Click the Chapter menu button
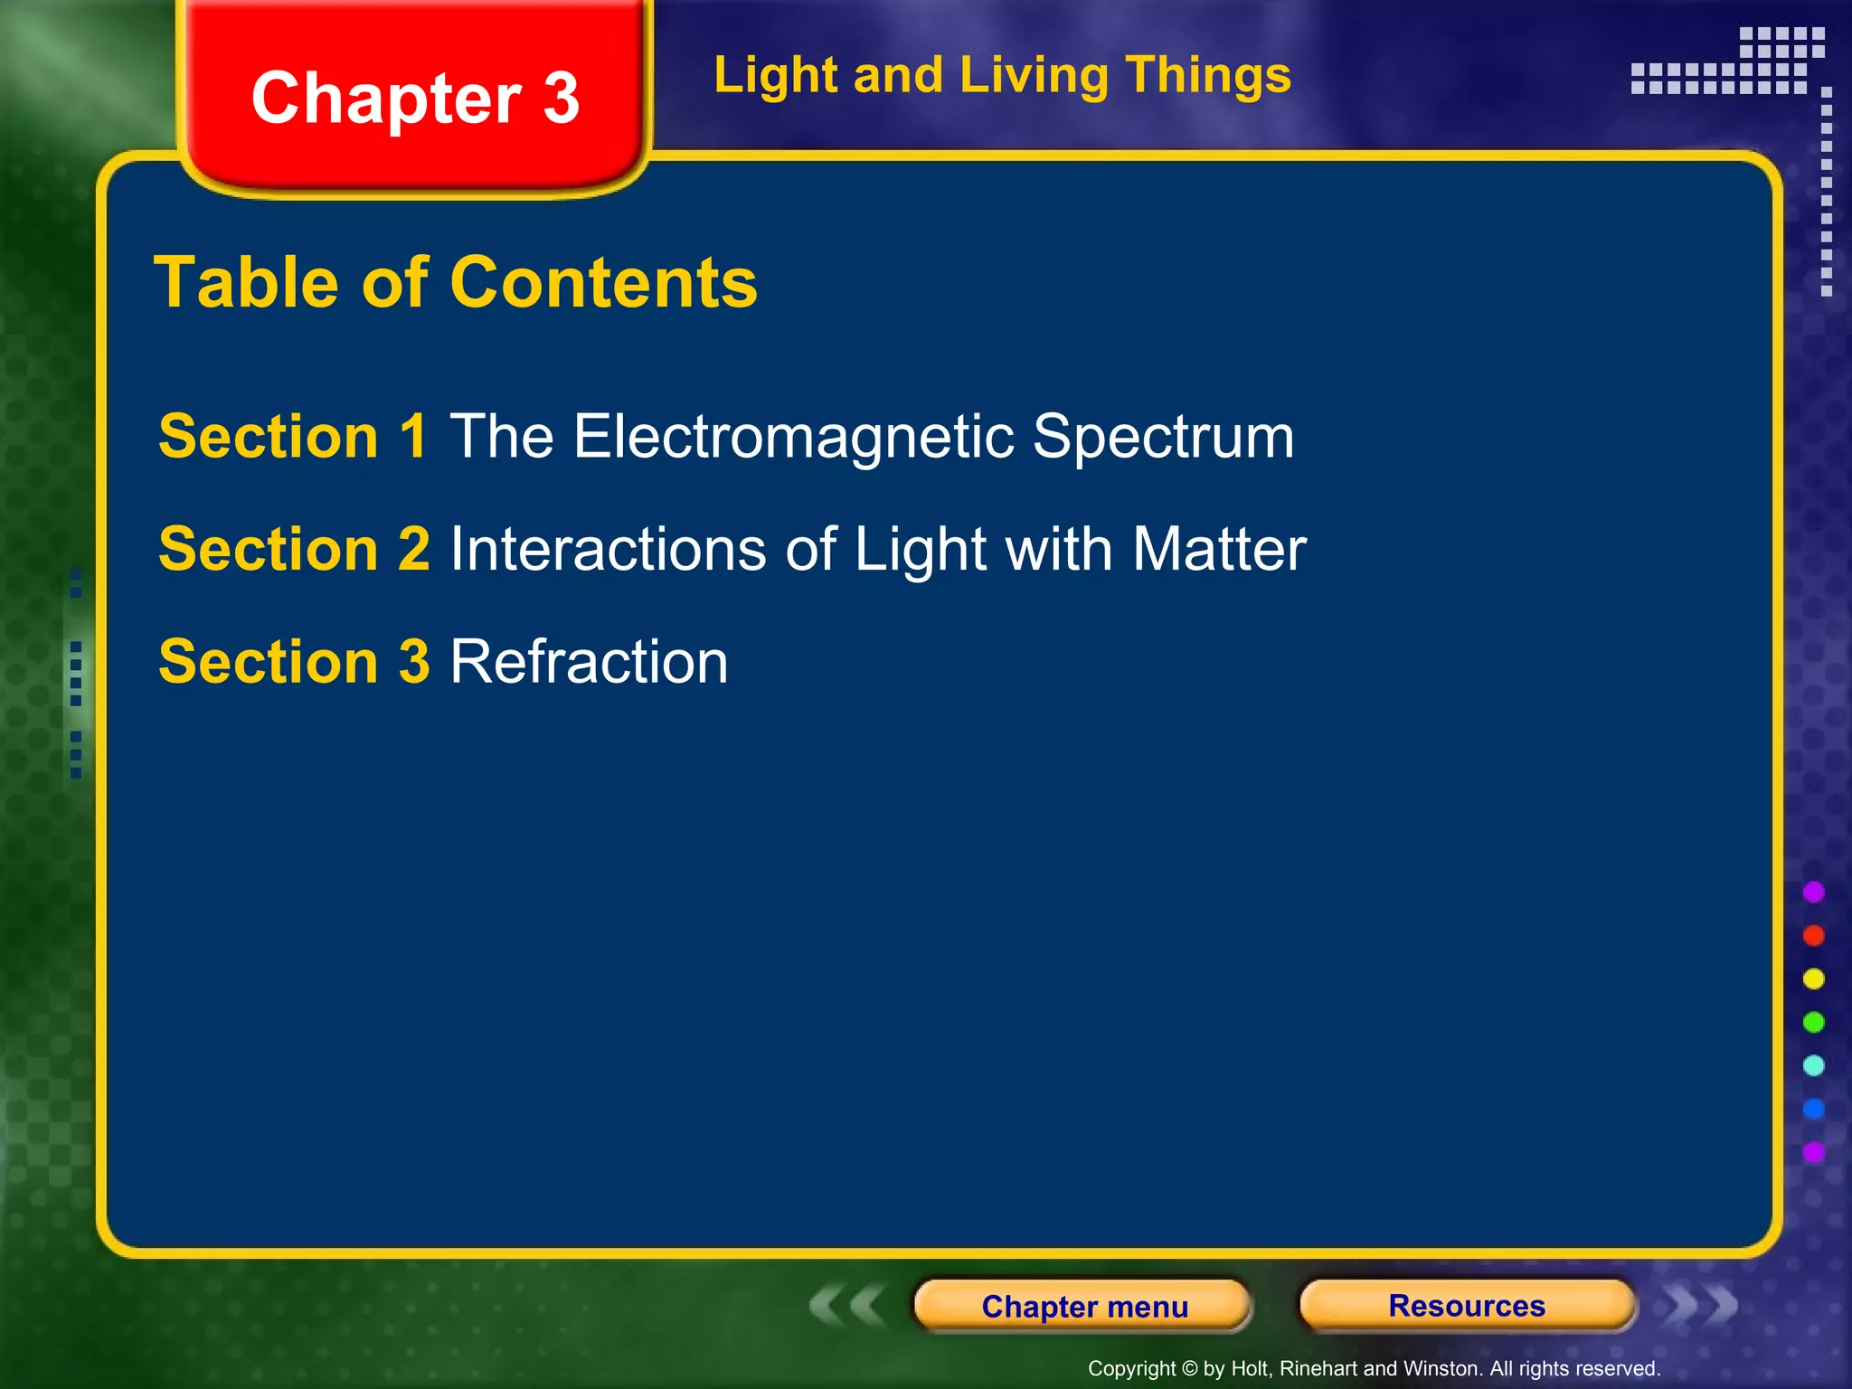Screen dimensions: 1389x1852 [x=1083, y=1306]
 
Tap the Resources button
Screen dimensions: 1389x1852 [x=1467, y=1306]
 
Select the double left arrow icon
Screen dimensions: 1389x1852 [x=846, y=1306]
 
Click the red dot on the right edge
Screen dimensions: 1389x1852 [x=1813, y=935]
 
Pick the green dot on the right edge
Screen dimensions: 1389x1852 [x=1813, y=1022]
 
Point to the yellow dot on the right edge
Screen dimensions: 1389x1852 [x=1813, y=978]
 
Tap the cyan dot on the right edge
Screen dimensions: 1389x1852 [x=1813, y=1065]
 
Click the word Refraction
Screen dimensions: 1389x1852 [x=589, y=661]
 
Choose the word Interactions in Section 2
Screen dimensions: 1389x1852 [x=609, y=549]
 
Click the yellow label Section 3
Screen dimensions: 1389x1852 [x=294, y=661]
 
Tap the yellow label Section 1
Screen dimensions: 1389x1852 [x=292, y=437]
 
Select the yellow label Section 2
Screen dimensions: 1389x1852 [x=294, y=549]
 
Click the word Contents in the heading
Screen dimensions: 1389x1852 [x=603, y=282]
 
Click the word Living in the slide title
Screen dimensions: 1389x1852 [x=1034, y=75]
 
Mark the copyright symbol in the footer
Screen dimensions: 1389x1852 [x=1189, y=1369]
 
